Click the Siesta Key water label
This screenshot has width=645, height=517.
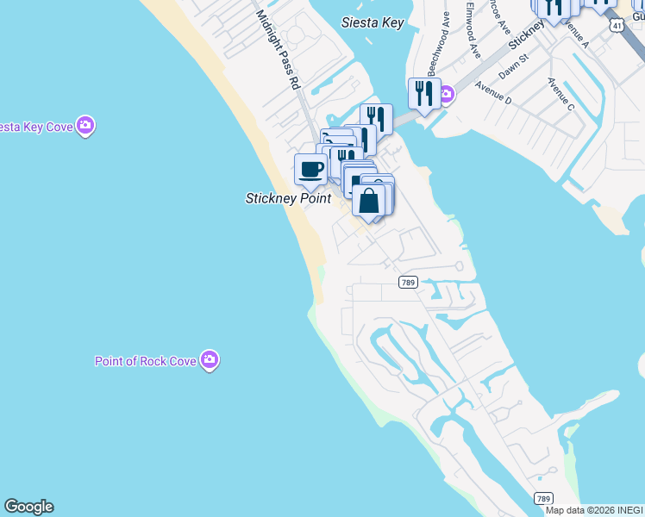click(x=372, y=22)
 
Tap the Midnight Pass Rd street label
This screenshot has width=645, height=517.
click(x=278, y=50)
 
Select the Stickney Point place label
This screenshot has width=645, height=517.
click(x=288, y=198)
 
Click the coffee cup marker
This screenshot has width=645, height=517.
click(x=310, y=168)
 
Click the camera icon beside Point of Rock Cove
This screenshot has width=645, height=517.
click(x=210, y=360)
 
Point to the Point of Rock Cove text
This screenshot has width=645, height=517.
click(x=146, y=361)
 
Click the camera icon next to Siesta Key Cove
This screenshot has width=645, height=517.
click(x=85, y=127)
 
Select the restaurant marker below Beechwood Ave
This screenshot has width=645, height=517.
click(x=423, y=93)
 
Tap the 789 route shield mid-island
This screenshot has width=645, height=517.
click(x=409, y=283)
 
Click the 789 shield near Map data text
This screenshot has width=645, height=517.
click(x=542, y=498)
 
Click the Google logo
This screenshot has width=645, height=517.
click(x=28, y=507)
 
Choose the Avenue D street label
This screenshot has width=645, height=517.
click(x=492, y=93)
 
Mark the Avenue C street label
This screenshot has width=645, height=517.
click(x=560, y=94)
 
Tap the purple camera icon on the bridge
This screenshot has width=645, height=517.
click(x=446, y=95)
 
